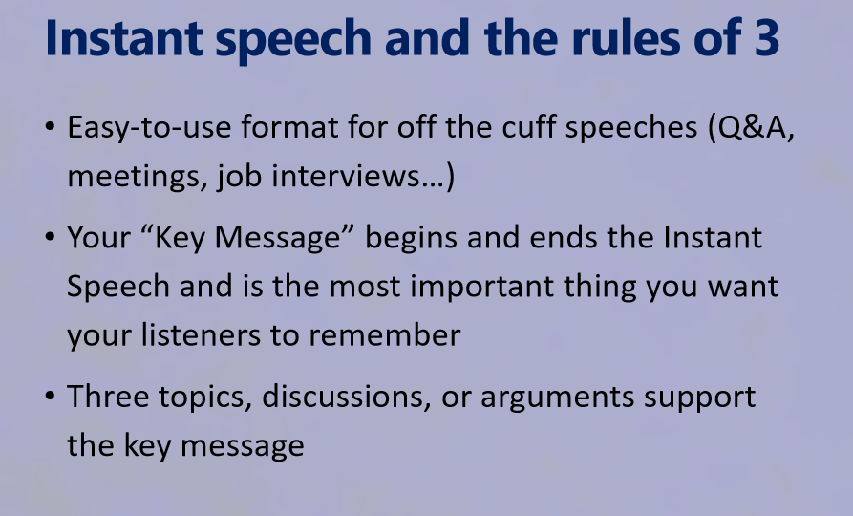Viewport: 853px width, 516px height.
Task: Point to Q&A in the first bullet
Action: (x=752, y=128)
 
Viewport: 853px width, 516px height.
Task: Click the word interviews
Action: (x=345, y=176)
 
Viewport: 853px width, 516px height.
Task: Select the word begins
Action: (x=411, y=239)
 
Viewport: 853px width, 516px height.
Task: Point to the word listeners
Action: (x=201, y=334)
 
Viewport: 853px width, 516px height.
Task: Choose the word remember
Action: (x=385, y=334)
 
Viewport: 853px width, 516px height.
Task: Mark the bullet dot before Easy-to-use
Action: (x=50, y=127)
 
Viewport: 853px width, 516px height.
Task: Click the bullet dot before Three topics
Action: (x=50, y=397)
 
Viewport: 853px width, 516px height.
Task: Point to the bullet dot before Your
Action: (x=50, y=237)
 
